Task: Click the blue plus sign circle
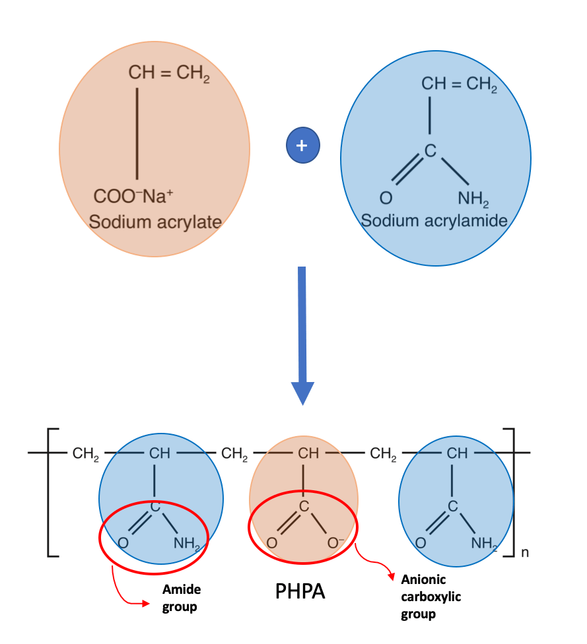[303, 145]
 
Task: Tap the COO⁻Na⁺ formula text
[133, 196]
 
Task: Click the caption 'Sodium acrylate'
[155, 222]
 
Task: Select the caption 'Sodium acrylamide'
[434, 221]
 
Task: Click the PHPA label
[300, 591]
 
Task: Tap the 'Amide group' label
[182, 598]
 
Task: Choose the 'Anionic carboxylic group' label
[431, 596]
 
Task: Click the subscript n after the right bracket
[525, 553]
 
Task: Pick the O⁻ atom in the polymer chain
[335, 543]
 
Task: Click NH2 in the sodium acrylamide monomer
[473, 199]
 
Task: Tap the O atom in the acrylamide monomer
[386, 198]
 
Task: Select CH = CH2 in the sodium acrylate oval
[169, 73]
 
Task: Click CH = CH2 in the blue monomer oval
[459, 84]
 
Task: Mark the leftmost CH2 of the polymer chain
[85, 454]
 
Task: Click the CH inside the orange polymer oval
[308, 453]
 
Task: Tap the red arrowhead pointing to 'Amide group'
[145, 603]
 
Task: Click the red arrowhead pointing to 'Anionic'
[391, 576]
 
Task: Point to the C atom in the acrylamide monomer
[430, 150]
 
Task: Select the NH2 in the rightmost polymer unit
[484, 544]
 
